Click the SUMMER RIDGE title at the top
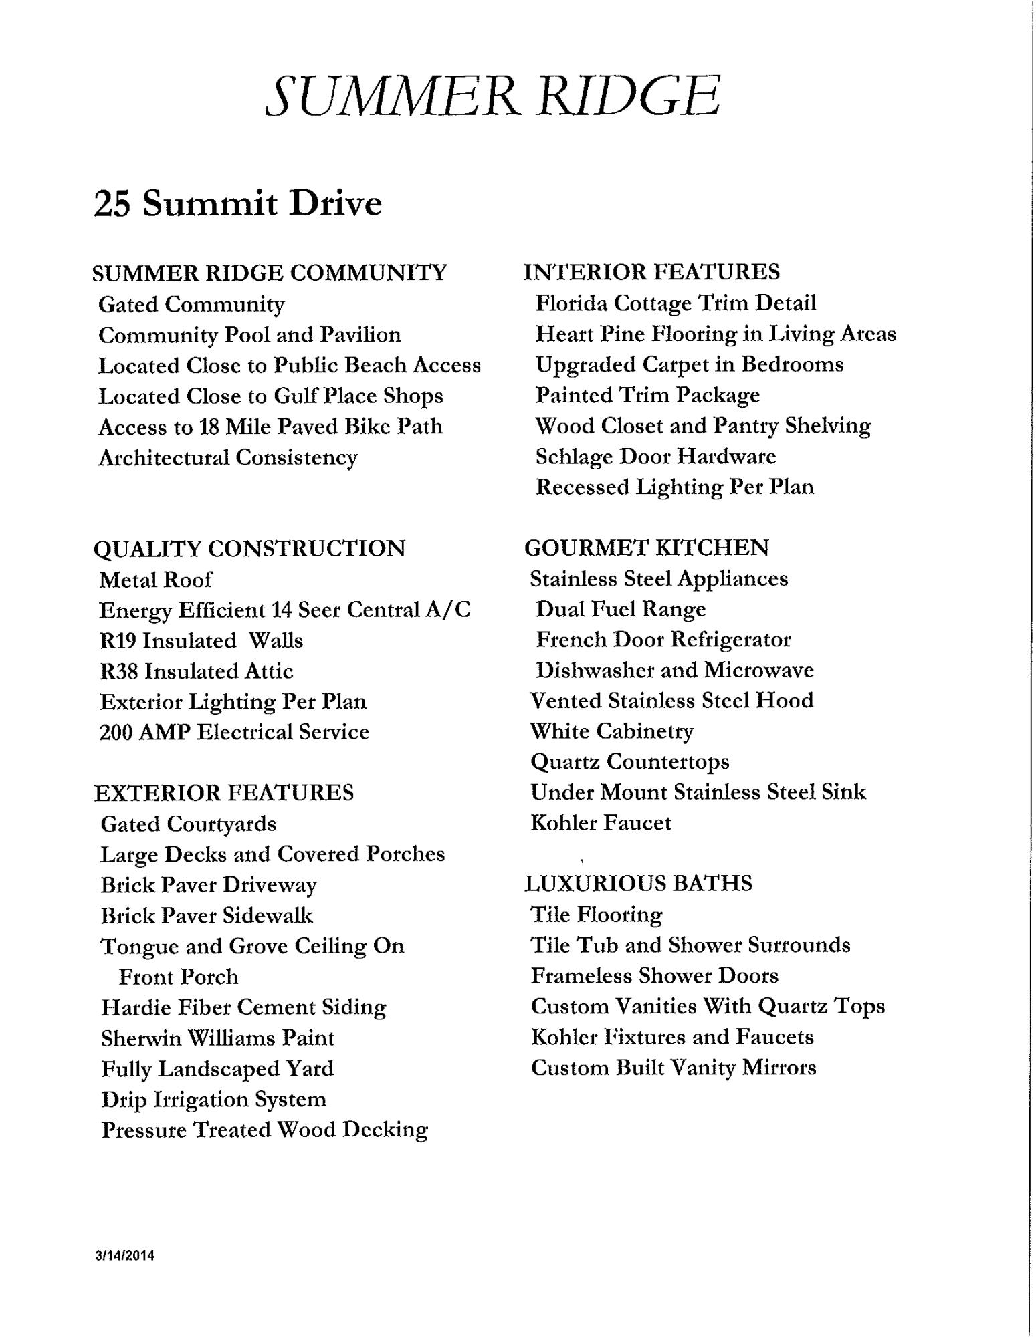493,95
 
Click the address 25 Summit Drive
237,203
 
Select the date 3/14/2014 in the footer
125,1255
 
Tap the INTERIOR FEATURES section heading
651,272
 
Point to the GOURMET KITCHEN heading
646,548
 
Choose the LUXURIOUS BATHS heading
638,883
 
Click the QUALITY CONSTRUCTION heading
249,548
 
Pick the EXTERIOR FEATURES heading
224,793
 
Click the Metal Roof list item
156,580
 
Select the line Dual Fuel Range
620,609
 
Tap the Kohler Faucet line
601,822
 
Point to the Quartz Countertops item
629,761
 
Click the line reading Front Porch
178,977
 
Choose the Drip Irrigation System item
213,1100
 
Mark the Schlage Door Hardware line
655,457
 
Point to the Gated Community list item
191,305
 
